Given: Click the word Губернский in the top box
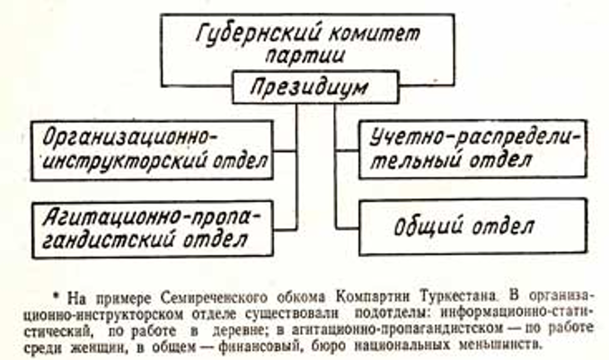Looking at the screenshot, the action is [x=258, y=34].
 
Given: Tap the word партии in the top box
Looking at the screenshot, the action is [x=304, y=56].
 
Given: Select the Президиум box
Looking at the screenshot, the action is [x=315, y=87].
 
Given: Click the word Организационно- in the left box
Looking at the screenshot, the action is [x=130, y=137].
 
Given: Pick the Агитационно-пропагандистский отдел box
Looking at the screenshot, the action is [x=153, y=230].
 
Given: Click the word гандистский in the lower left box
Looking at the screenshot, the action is [x=107, y=241].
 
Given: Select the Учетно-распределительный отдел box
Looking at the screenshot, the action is [x=473, y=149].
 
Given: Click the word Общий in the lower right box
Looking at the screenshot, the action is [x=429, y=227].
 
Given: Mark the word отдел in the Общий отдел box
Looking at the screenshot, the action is [x=503, y=227].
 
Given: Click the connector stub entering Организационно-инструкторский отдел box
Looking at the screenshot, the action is [x=285, y=151].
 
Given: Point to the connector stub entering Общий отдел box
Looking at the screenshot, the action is [x=347, y=227].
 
